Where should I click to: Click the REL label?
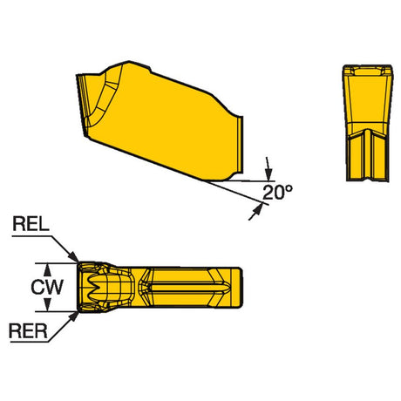click(x=31, y=225)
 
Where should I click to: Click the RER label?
click(x=28, y=331)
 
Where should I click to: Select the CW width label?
click(x=47, y=287)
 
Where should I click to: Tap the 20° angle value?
click(x=277, y=193)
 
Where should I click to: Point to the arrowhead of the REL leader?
click(x=74, y=257)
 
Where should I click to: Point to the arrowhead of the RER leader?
click(x=74, y=316)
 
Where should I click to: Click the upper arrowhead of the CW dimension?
click(x=47, y=269)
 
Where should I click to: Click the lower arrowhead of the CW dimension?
click(x=47, y=305)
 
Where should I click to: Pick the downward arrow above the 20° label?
click(x=268, y=169)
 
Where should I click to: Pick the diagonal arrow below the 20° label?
click(x=255, y=212)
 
